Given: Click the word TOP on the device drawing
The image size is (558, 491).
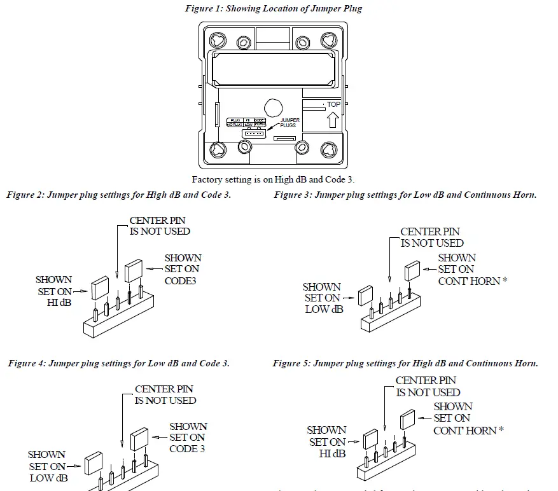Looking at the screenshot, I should click(x=333, y=104).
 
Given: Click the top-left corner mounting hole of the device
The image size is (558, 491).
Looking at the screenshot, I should click(x=218, y=39).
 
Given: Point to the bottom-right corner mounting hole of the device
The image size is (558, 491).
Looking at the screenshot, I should click(x=328, y=150).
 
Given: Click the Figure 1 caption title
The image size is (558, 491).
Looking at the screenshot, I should click(x=274, y=8).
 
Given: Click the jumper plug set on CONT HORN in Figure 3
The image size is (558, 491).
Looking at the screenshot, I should click(x=412, y=272).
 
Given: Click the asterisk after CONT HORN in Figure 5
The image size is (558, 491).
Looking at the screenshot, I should click(x=501, y=430).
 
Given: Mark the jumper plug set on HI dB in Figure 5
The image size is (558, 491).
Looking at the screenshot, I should click(x=371, y=438).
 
